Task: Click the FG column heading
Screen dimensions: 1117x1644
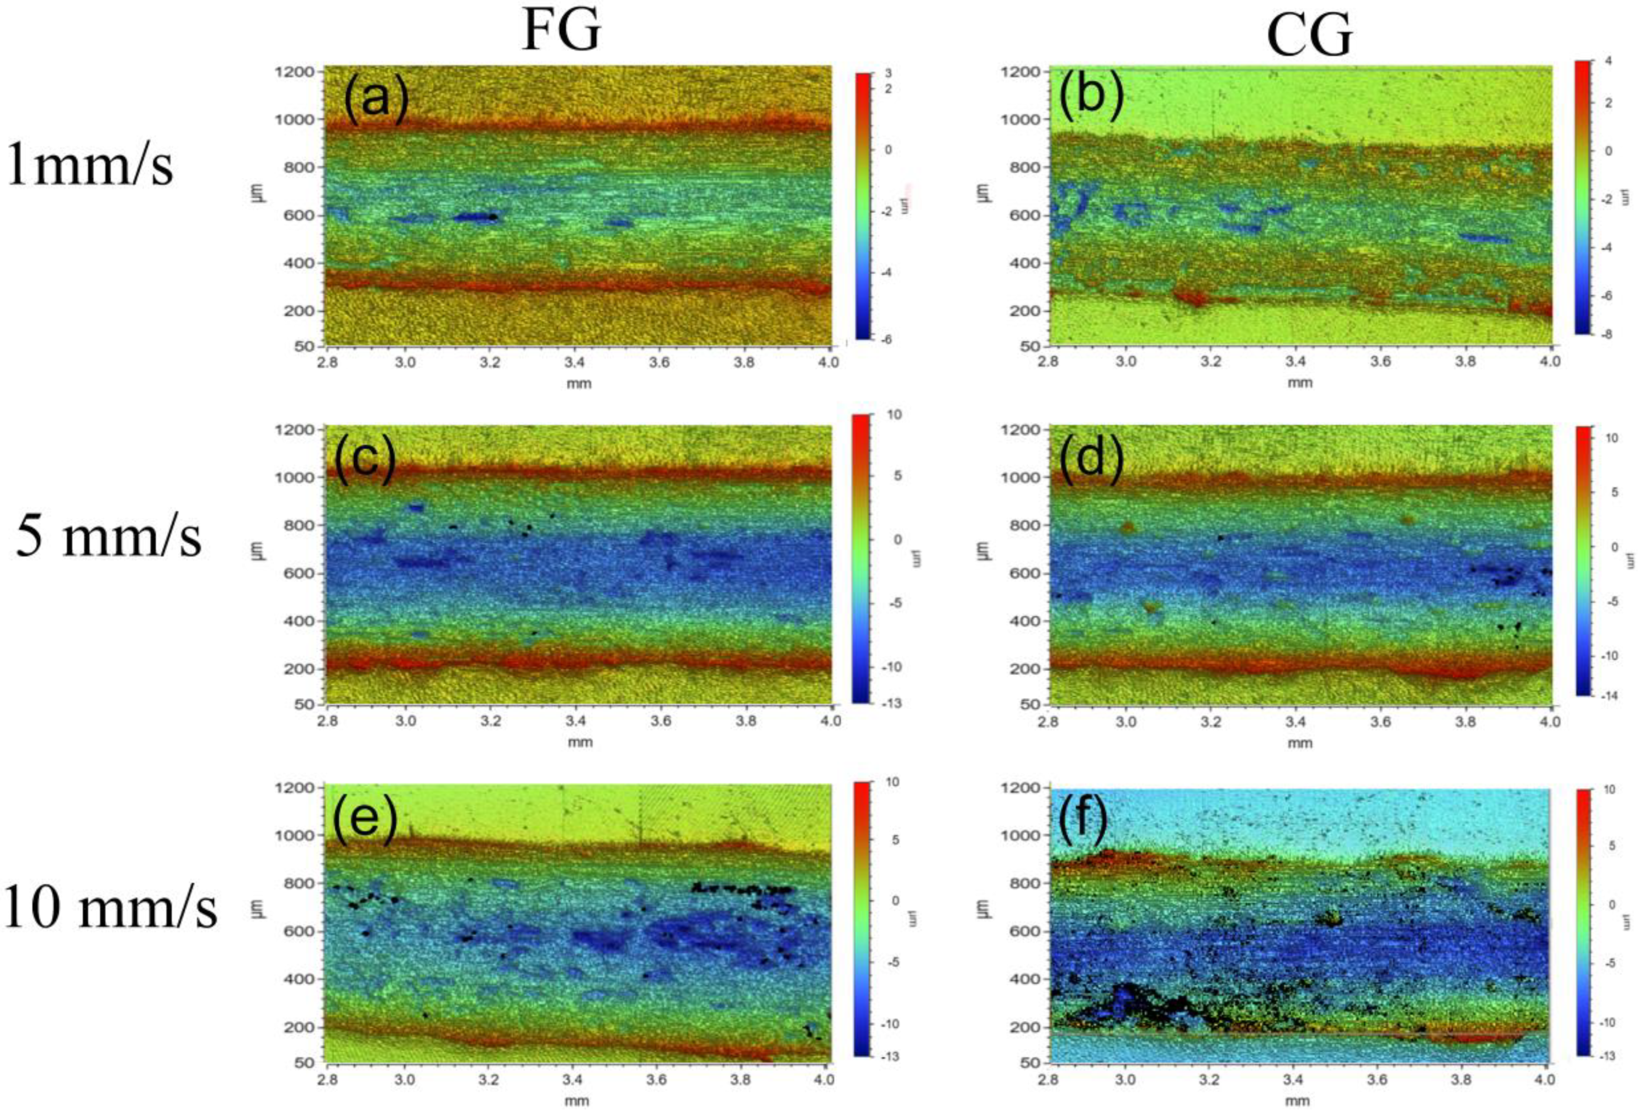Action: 561,32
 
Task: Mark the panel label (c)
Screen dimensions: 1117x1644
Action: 365,460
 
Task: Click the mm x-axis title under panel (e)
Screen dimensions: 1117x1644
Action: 577,1101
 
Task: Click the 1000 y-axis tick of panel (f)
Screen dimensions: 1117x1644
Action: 1019,835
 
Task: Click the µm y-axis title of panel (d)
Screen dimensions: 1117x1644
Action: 985,550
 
